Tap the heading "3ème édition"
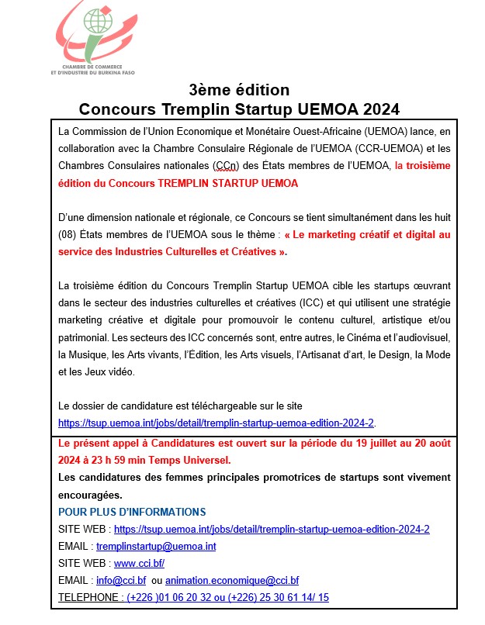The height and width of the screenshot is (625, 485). (x=239, y=90)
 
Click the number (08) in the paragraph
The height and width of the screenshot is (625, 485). (x=69, y=233)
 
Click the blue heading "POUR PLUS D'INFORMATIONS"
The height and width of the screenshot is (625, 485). (x=132, y=512)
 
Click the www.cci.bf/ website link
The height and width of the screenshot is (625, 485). (x=139, y=563)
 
